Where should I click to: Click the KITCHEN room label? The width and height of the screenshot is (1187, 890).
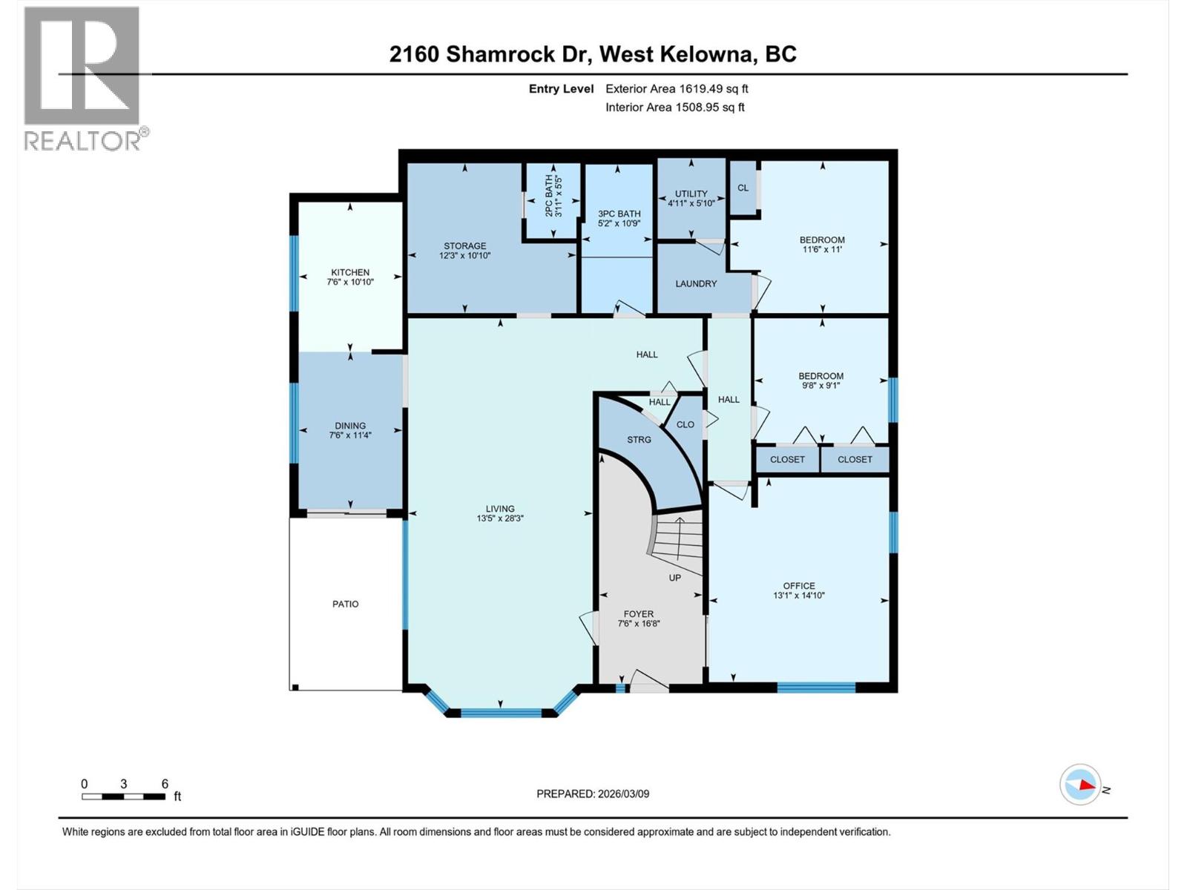[x=350, y=273]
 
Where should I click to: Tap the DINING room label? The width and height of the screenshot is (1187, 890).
[x=350, y=426]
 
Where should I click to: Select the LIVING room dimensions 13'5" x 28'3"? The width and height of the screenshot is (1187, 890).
[x=500, y=519]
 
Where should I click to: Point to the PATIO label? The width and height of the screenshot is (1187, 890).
[x=346, y=604]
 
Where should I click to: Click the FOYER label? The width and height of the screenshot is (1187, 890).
[x=639, y=614]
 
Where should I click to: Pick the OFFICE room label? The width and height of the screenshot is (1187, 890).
[x=799, y=586]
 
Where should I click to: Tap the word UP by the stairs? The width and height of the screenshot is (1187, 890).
[x=675, y=578]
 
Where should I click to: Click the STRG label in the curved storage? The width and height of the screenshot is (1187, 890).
[x=639, y=440]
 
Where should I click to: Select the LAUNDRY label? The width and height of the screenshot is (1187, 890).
[x=696, y=283]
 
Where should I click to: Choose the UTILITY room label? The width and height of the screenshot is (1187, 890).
[x=691, y=194]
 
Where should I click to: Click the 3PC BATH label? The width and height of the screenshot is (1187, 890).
[x=619, y=214]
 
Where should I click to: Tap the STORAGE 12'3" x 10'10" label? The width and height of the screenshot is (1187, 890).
[x=465, y=251]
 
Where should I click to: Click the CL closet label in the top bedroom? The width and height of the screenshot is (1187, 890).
[x=743, y=188]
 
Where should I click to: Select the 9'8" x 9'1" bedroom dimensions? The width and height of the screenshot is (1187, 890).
[x=821, y=386]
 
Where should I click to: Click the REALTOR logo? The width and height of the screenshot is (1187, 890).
[x=83, y=78]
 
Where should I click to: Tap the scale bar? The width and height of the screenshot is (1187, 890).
[x=124, y=797]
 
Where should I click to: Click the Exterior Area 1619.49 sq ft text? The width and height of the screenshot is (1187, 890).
[x=677, y=89]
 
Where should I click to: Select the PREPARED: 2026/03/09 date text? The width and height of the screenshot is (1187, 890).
[x=593, y=794]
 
